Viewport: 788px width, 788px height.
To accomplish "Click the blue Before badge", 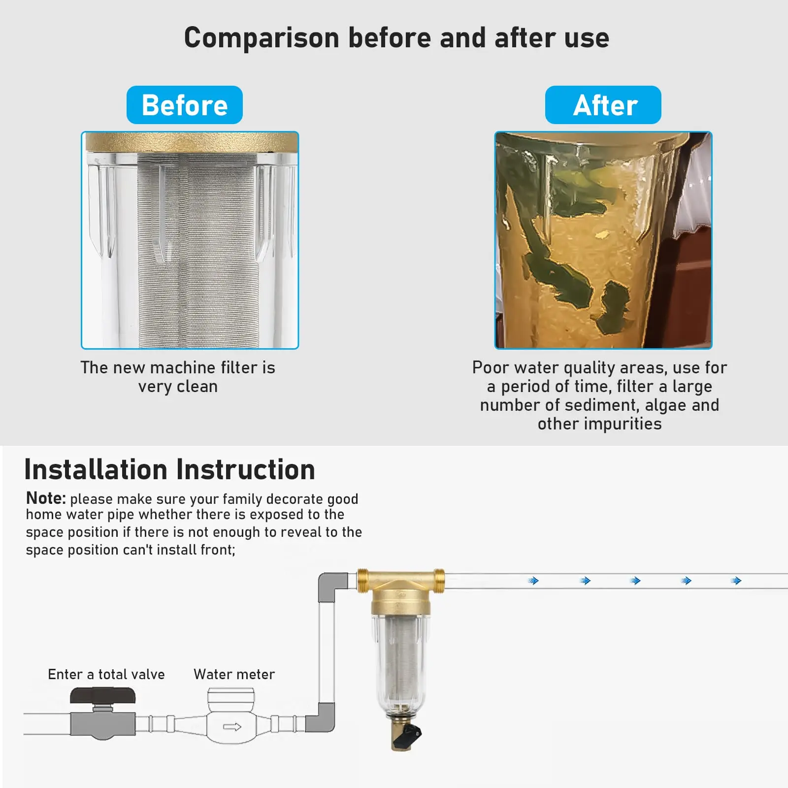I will [x=185, y=105].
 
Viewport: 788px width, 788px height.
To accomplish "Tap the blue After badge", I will [x=603, y=105].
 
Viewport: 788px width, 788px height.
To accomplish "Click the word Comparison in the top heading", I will [x=262, y=38].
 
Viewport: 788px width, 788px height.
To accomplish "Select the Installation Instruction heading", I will [x=169, y=469].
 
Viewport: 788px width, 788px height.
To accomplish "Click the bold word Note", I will [x=45, y=498].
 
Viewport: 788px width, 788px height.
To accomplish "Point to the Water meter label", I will [x=234, y=674].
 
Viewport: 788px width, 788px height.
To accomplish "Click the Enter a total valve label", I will [x=106, y=674].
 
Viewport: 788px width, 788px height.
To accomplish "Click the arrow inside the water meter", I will [x=232, y=727].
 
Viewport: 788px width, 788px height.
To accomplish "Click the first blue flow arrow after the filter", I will [x=533, y=581].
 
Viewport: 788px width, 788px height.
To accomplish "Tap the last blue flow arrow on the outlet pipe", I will [x=736, y=581].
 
